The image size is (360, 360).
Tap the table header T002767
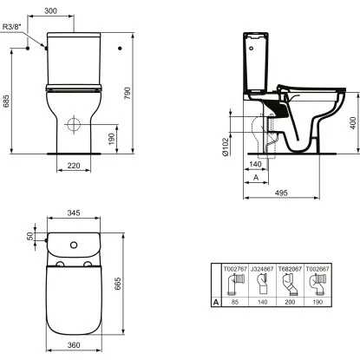[236, 270]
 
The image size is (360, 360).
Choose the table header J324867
[263, 270]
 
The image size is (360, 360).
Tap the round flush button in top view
[74, 243]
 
